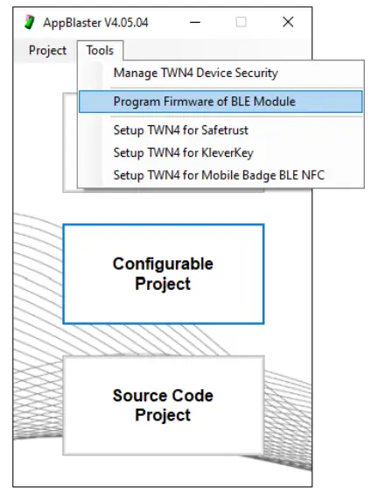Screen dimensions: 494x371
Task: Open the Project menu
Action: [x=47, y=50]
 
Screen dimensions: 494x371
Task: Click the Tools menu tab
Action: [x=99, y=50]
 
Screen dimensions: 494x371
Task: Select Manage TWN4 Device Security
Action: [x=195, y=74]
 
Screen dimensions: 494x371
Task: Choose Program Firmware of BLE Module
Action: [x=204, y=102]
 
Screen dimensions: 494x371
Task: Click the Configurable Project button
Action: [x=163, y=273]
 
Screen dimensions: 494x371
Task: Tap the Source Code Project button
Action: [x=163, y=405]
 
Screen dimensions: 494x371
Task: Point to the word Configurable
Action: [x=163, y=264]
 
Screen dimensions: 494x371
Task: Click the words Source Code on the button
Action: [x=163, y=395]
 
